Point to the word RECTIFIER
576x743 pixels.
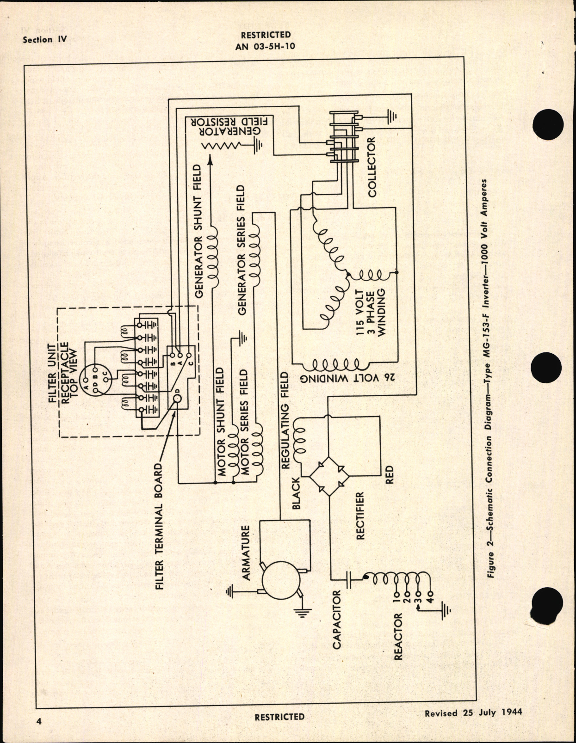360,516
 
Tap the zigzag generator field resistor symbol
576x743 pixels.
224,146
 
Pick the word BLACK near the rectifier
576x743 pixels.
296,493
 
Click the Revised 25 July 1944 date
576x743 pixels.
473,712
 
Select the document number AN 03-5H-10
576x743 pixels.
266,46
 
